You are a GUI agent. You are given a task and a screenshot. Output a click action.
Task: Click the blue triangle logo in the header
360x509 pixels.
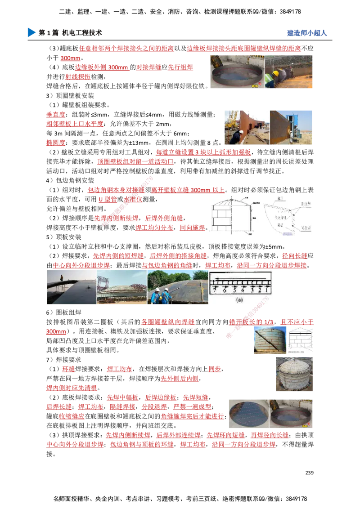pyautogui.click(x=31, y=32)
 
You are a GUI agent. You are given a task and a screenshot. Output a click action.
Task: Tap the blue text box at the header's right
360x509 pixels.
pyautogui.click(x=306, y=33)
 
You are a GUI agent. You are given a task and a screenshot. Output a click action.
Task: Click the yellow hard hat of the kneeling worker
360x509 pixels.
pyautogui.click(x=275, y=73)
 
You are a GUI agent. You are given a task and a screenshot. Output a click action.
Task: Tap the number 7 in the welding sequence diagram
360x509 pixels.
pyautogui.click(x=215, y=290)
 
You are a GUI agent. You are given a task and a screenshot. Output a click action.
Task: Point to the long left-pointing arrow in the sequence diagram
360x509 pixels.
pyautogui.click(x=241, y=279)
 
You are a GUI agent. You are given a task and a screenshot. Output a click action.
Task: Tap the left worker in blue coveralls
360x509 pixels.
pyautogui.click(x=155, y=295)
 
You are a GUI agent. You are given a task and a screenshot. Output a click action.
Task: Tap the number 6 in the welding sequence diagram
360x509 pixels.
pyautogui.click(x=223, y=290)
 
